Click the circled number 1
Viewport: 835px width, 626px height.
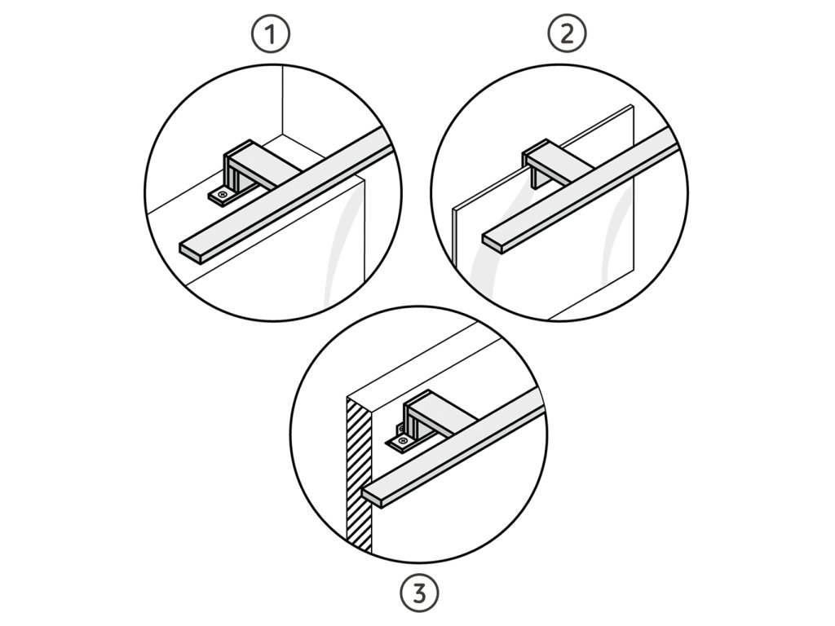[x=271, y=34]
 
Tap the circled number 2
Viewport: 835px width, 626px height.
[x=568, y=34]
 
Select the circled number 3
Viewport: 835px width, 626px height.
[x=420, y=593]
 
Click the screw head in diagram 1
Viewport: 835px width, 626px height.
[x=222, y=196]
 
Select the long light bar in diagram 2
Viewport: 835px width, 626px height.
[x=581, y=188]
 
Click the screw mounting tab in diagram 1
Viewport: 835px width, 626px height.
[x=222, y=196]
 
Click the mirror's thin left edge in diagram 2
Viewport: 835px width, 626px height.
[x=454, y=236]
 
